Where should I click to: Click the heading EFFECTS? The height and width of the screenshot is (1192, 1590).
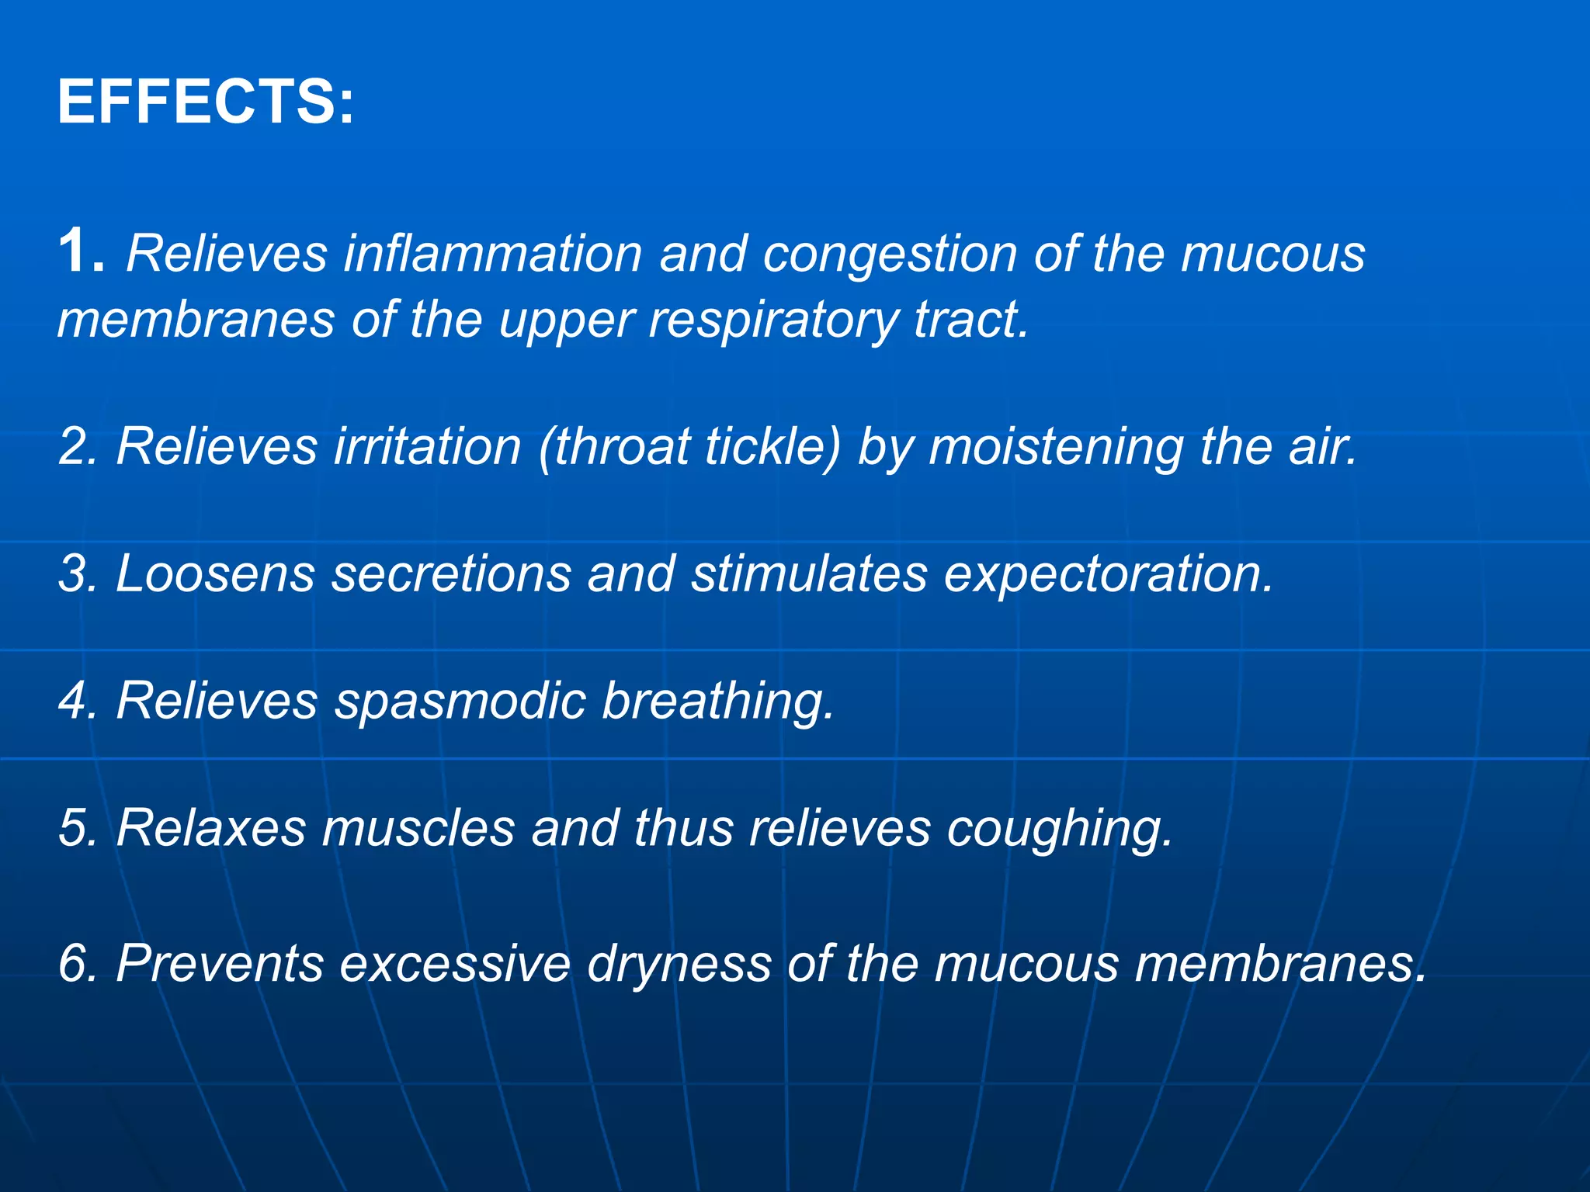point(206,102)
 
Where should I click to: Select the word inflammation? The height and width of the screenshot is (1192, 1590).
point(493,254)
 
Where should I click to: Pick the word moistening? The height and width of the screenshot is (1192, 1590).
point(1057,449)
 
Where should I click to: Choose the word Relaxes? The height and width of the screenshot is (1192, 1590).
point(211,828)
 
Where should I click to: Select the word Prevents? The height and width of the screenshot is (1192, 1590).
point(220,963)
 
